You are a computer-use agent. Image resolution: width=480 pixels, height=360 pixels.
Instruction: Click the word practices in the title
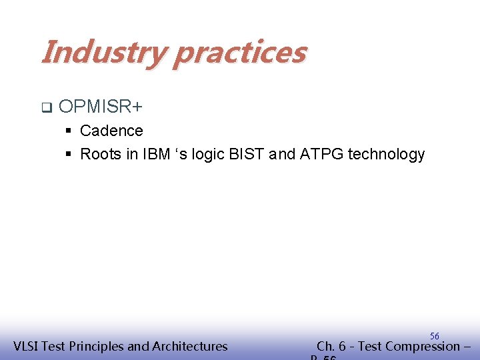pyautogui.click(x=239, y=52)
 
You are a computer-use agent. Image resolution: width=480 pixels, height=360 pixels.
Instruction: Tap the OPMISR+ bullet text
pyautogui.click(x=101, y=107)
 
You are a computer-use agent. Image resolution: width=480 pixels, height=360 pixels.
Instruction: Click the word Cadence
pyautogui.click(x=111, y=131)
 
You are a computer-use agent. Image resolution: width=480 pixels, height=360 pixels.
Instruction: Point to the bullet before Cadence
pyautogui.click(x=68, y=131)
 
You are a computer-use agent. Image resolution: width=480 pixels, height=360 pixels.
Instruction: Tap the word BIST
pyautogui.click(x=248, y=155)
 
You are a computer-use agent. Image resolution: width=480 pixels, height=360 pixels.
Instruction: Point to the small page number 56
pyautogui.click(x=434, y=336)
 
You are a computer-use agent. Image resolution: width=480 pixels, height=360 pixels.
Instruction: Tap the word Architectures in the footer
pyautogui.click(x=190, y=346)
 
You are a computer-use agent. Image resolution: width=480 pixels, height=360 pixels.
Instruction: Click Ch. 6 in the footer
pyautogui.click(x=331, y=346)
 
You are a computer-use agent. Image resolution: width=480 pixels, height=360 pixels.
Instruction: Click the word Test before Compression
pyautogui.click(x=370, y=346)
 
